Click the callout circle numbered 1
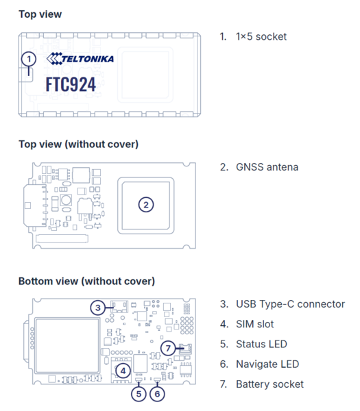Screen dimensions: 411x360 tap(28, 59)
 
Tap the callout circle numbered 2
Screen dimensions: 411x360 tap(145, 203)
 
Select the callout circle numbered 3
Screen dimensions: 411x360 tap(98, 308)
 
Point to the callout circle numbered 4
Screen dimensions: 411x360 tap(123, 370)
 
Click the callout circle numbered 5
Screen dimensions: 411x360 tap(139, 394)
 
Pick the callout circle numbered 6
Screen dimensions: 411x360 tap(157, 394)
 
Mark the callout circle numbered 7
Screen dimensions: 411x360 tap(169, 348)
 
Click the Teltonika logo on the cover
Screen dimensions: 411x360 tap(80, 59)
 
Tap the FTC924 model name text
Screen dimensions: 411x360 tap(71, 84)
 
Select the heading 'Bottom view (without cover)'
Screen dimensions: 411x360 tap(86, 281)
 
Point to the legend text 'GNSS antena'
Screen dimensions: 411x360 tap(267, 166)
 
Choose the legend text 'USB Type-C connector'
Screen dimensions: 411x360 tap(289, 304)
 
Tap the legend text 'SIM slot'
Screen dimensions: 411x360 tap(257, 324)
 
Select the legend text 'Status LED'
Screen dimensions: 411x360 tap(261, 344)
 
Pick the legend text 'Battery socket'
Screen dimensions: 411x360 tap(269, 384)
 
